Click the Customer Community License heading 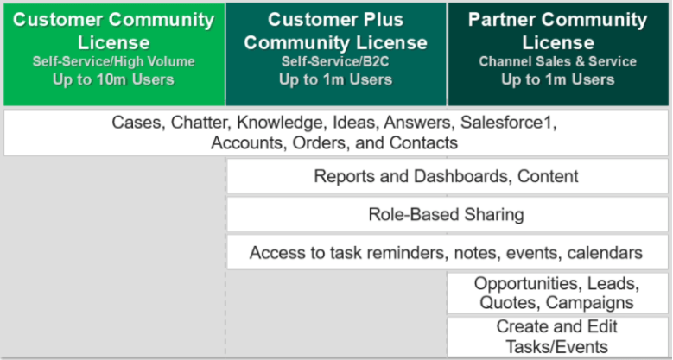point(114,31)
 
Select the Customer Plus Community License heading point(336,31)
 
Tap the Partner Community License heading point(558,31)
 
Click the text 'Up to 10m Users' point(114,79)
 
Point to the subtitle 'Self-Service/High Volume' point(114,61)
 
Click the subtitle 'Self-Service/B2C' point(336,61)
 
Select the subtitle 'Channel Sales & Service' point(558,61)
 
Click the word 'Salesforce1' point(508,123)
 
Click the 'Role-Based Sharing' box point(448,214)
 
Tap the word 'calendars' point(605,253)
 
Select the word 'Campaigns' point(590,302)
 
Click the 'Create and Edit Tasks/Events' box point(557,337)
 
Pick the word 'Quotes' point(510,302)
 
